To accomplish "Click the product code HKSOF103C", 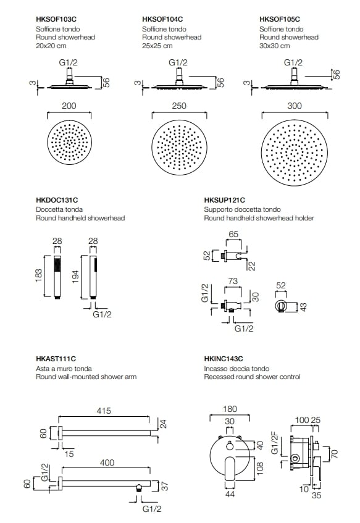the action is click(x=56, y=19).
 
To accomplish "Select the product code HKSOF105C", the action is click(x=280, y=19).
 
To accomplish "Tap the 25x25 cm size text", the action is click(x=157, y=46).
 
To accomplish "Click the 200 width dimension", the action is click(x=69, y=106).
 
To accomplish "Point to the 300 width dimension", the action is click(x=295, y=106).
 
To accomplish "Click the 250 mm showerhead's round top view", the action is click(x=180, y=148).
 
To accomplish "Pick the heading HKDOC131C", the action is click(x=57, y=200).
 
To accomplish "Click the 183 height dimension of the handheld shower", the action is click(x=38, y=276).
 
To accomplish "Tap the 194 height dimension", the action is click(x=75, y=277).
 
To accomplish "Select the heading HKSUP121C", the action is click(x=225, y=200).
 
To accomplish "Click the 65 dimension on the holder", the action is click(x=233, y=234).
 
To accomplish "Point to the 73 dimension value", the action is click(x=233, y=281).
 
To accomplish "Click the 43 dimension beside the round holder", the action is click(x=303, y=307).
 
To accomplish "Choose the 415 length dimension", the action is click(x=104, y=411).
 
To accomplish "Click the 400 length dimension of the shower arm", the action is click(x=107, y=462).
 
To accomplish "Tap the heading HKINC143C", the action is click(x=224, y=359).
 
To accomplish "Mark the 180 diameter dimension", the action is click(x=230, y=409).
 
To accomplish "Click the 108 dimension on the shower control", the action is click(x=260, y=468).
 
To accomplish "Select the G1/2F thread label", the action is click(x=275, y=442).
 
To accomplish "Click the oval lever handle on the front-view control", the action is click(x=230, y=467).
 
